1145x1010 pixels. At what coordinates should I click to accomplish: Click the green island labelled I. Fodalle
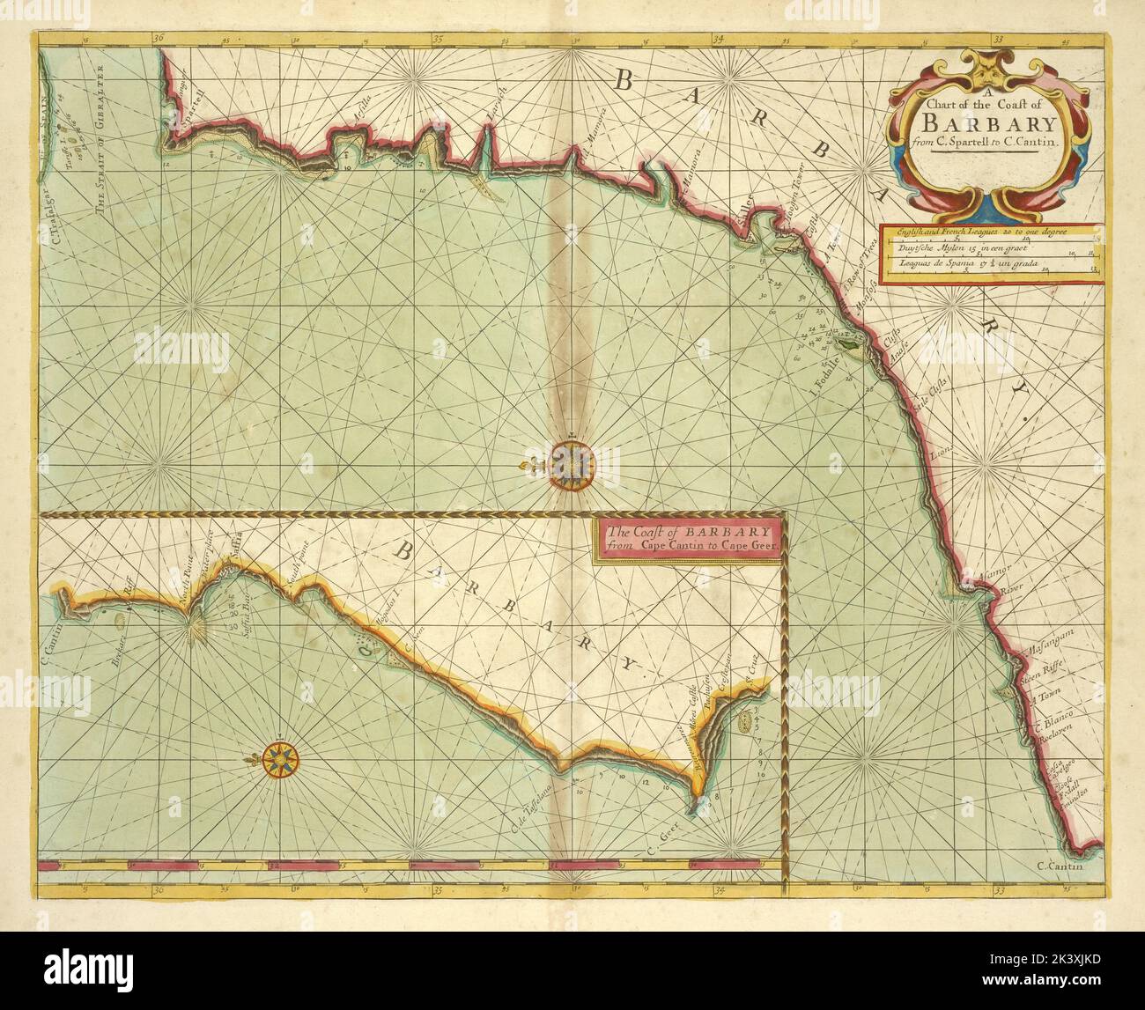[851, 349]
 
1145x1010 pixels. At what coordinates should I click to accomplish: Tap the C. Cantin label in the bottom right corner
[1069, 865]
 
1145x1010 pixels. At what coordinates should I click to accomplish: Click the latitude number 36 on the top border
[158, 39]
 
